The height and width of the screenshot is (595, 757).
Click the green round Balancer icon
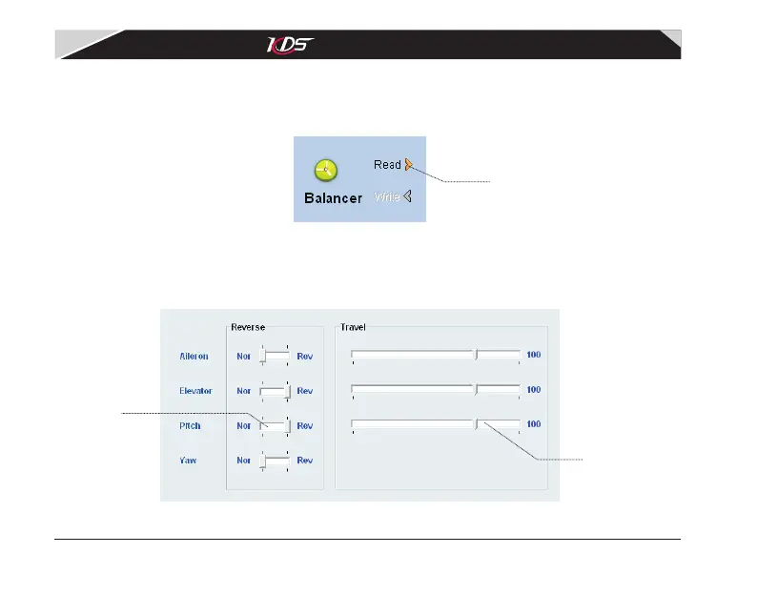coord(326,170)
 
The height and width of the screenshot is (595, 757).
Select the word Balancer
coord(333,198)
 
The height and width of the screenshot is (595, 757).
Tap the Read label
coord(387,165)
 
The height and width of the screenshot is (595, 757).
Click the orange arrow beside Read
coord(408,164)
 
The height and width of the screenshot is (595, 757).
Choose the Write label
coord(387,197)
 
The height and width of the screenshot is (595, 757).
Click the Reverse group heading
coord(248,326)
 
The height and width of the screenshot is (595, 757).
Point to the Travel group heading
coord(353,326)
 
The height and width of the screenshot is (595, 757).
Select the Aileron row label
coord(194,356)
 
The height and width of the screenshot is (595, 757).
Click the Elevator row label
coord(195,391)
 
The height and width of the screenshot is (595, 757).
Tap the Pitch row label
coord(191,425)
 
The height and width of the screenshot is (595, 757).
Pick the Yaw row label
coord(188,460)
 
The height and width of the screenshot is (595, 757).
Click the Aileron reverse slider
coord(276,356)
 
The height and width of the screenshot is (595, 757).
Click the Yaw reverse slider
coord(276,460)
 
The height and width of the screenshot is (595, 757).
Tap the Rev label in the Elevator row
coord(305,391)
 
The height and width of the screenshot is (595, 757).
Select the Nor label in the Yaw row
coord(244,460)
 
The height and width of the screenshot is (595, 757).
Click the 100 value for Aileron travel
coord(534,355)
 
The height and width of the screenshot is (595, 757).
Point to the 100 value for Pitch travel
coord(534,423)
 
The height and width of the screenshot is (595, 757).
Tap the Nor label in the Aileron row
coord(244,356)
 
